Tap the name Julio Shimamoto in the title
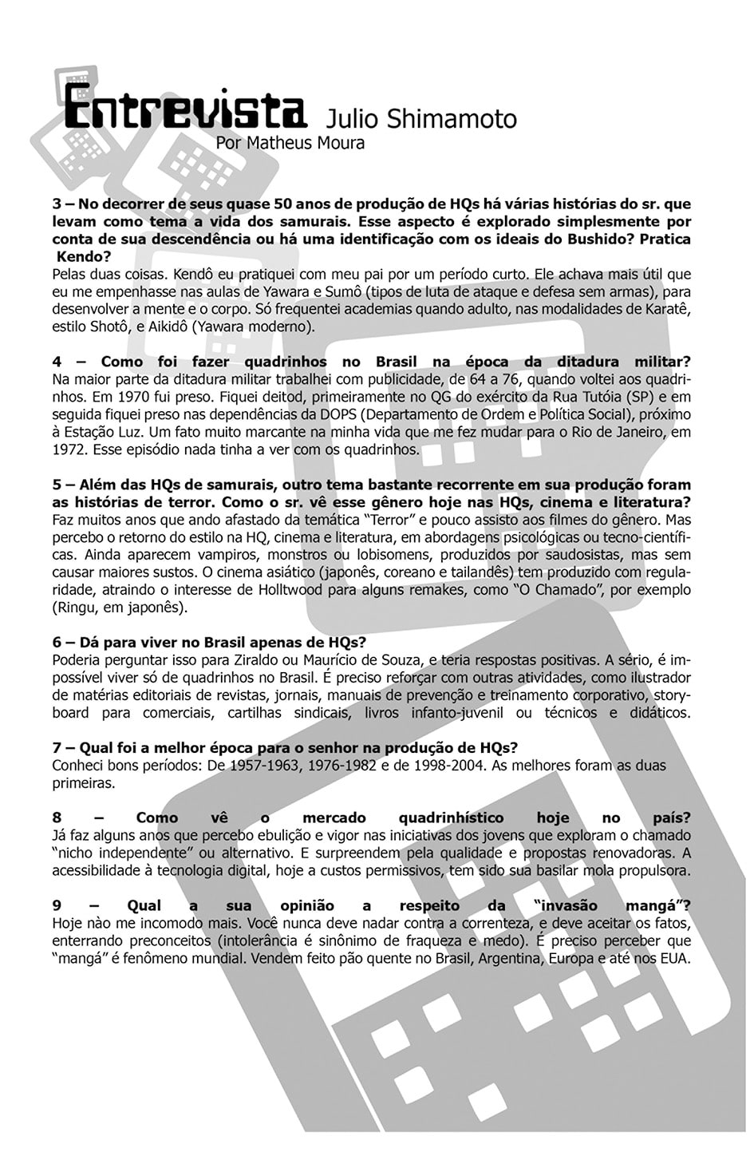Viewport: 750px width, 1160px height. (x=421, y=119)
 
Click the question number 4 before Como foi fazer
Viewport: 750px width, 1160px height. (x=57, y=362)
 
